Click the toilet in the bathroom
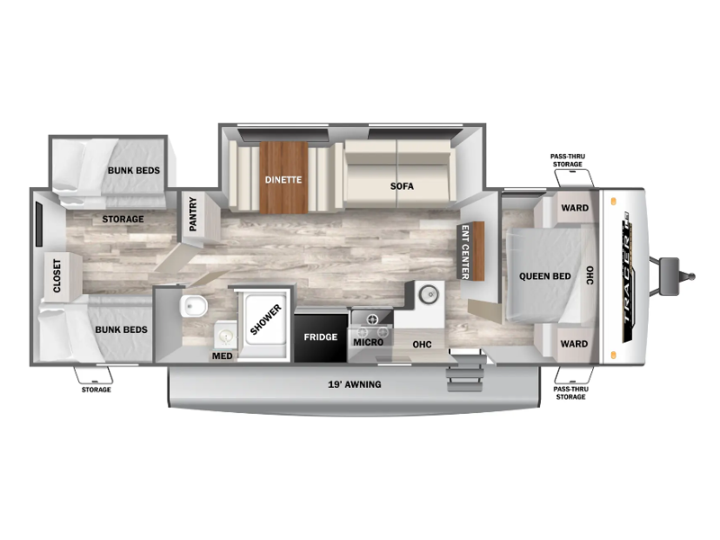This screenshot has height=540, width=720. point(193,306)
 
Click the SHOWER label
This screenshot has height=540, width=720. point(265,319)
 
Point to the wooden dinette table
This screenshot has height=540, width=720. point(283,177)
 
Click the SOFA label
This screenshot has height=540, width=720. point(401,186)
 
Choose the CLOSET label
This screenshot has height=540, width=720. point(57,276)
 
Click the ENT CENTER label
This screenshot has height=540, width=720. point(465,252)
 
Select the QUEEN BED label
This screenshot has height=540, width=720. point(545,276)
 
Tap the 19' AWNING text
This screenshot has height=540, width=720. point(355,384)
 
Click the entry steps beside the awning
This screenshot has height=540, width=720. point(464,373)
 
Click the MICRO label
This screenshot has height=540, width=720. point(368,342)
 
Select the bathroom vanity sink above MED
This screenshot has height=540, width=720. point(226,336)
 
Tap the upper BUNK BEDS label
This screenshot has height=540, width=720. point(133,170)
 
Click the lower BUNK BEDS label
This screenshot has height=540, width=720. point(121,329)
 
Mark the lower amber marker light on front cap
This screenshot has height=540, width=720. point(614,354)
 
